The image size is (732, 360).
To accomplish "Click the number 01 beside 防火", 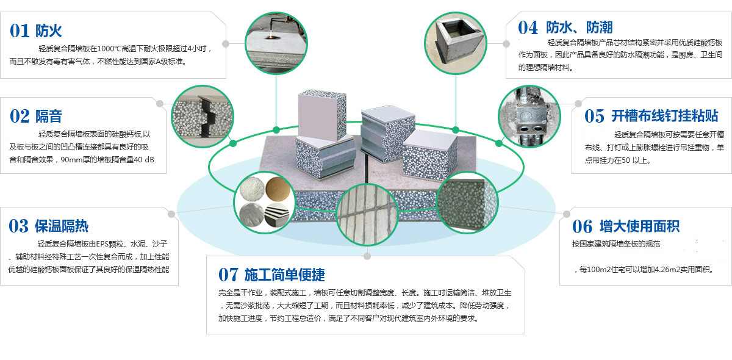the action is (20, 31).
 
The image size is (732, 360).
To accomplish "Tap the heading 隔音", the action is (49, 116).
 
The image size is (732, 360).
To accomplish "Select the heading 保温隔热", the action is (62, 226).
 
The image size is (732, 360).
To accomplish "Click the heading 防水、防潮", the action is (579, 27).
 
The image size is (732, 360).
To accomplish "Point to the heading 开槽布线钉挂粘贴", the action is (664, 116).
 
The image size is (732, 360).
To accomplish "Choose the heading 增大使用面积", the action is (639, 226).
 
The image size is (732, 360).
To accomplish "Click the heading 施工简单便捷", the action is (285, 275).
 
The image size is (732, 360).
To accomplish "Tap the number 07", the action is (228, 275).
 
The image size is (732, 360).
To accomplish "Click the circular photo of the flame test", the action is (276, 43).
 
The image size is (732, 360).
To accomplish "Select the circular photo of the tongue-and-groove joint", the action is (203, 117).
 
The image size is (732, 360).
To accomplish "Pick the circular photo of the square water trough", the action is (456, 43).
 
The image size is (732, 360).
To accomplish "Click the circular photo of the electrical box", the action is (529, 117).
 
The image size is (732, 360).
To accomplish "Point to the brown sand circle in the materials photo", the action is (278, 189).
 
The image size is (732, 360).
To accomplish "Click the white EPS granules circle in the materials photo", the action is (252, 189).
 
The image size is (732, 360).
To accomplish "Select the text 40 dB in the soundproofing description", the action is (144, 160).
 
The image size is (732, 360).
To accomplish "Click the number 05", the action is (594, 116).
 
